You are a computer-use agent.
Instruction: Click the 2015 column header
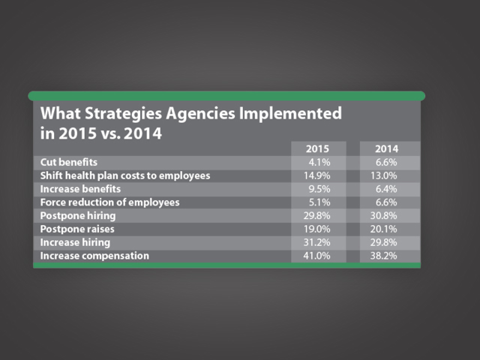(x=318, y=148)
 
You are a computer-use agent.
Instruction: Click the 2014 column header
(x=387, y=148)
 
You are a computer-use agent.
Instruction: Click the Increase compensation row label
(x=94, y=256)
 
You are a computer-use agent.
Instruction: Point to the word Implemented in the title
(x=290, y=115)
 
